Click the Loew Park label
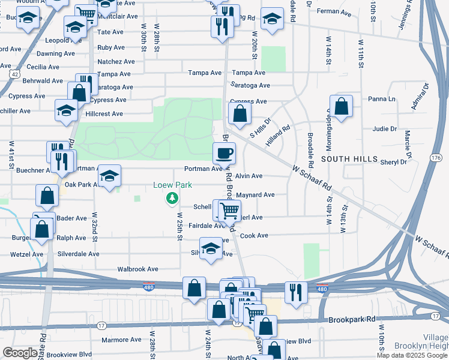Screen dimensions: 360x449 [x=172, y=185]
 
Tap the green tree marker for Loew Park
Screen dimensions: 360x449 [x=173, y=197]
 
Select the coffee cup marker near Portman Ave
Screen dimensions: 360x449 [x=224, y=154]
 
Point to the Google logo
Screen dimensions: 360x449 [x=20, y=353]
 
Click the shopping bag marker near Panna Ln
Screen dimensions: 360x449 [x=341, y=107]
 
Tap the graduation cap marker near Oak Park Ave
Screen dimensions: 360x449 [x=109, y=176]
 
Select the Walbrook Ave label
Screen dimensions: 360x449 [x=137, y=269]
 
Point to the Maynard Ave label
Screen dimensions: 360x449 [x=255, y=195]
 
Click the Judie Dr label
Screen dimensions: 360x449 [x=385, y=129]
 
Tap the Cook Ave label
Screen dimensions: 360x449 [x=254, y=236]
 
